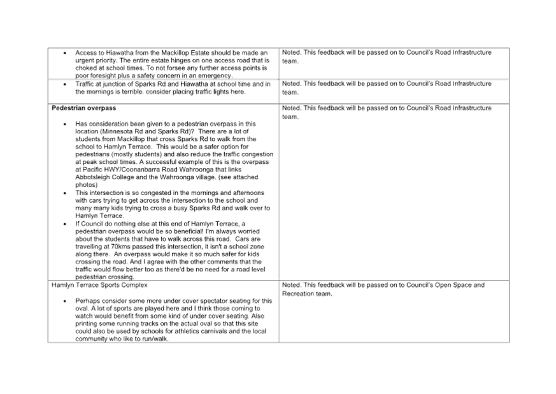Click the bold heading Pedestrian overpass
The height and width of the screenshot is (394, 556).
pos(83,108)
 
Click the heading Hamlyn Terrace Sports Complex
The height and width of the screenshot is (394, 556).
pos(99,285)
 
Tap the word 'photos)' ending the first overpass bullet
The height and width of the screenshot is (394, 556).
pos(86,185)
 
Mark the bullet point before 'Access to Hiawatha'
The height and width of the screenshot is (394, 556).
pos(65,54)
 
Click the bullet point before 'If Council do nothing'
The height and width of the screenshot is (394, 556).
pos(65,224)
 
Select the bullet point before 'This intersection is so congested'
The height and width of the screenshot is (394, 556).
pos(65,193)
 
